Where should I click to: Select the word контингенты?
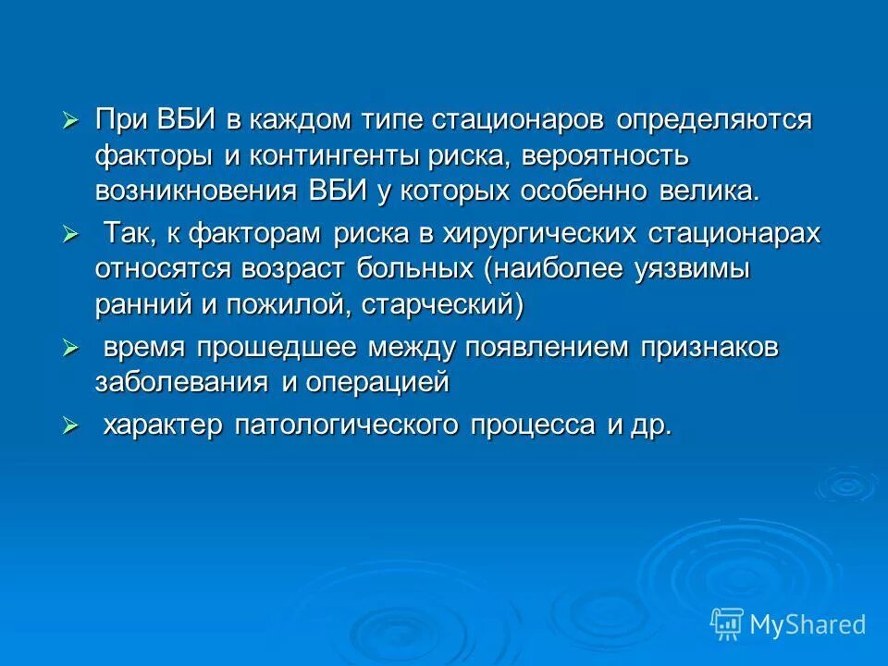pos(333,155)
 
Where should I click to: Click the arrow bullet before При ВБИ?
pos(69,121)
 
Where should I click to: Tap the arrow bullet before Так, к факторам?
pos(69,235)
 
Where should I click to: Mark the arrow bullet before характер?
pos(69,426)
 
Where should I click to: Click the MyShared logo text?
pos(808,624)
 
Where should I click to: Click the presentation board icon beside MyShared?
pos(728,623)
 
